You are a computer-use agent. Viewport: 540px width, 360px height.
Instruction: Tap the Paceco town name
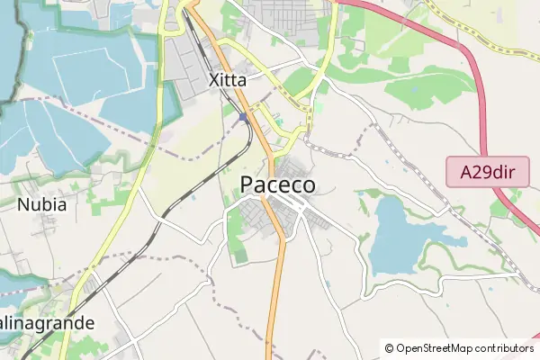click(x=278, y=184)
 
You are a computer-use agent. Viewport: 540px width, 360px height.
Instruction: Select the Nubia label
click(x=42, y=204)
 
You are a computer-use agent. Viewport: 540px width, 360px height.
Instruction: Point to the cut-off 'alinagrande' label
click(x=47, y=322)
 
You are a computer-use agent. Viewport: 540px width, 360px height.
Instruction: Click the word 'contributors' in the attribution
click(x=505, y=348)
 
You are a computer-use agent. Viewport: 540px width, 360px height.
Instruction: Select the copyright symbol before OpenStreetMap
click(x=389, y=348)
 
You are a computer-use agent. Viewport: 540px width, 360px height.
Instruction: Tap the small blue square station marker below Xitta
click(x=243, y=117)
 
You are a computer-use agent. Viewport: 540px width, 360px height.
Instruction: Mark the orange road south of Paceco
click(x=280, y=288)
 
